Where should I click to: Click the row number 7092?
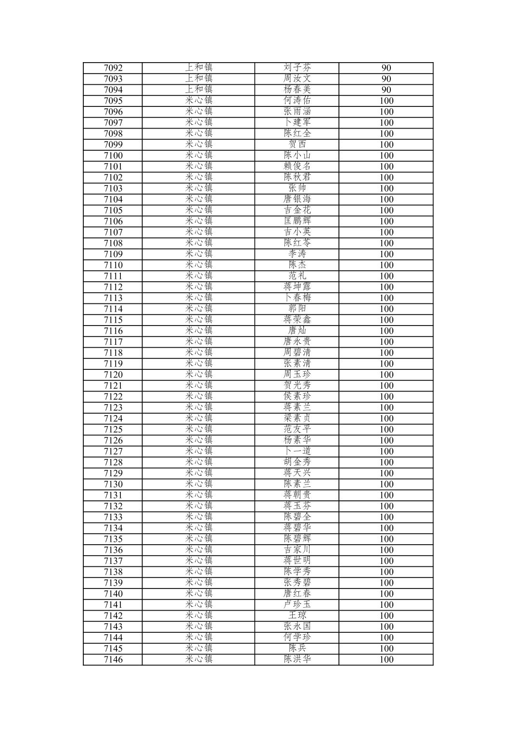(x=113, y=68)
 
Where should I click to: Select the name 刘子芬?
(x=297, y=68)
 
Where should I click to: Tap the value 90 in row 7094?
(x=386, y=90)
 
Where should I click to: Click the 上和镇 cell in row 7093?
(x=198, y=79)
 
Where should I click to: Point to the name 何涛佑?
(x=297, y=101)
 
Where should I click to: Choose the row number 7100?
(x=113, y=156)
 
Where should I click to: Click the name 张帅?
(x=297, y=188)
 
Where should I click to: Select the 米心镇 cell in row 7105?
(x=198, y=210)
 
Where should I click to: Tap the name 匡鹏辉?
(x=297, y=222)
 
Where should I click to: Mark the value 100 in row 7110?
(x=386, y=265)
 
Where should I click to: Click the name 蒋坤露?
(x=297, y=287)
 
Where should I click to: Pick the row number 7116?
(x=113, y=331)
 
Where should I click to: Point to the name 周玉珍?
(x=297, y=375)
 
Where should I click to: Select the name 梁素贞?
(x=297, y=418)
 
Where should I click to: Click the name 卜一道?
(x=297, y=451)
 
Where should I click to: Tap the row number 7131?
(x=113, y=495)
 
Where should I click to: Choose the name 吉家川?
(x=297, y=550)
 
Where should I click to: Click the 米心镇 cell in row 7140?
(x=198, y=594)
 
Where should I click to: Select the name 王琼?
(x=297, y=615)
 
